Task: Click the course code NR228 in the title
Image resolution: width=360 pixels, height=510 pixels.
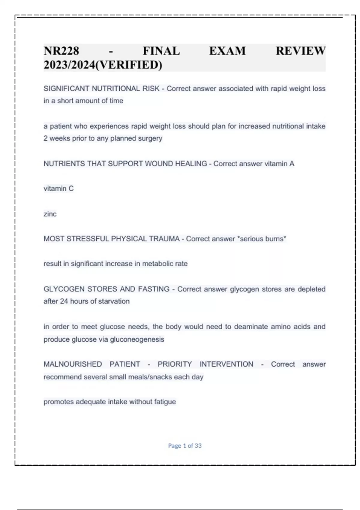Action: (x=61, y=51)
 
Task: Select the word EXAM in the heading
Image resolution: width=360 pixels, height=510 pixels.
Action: (x=227, y=51)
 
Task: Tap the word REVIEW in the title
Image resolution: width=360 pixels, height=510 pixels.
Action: (x=301, y=51)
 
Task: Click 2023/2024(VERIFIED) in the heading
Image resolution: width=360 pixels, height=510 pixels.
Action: (x=103, y=65)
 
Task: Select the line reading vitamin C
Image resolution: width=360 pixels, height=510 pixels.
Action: (x=58, y=189)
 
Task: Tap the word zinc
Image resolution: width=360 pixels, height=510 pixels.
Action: (x=50, y=214)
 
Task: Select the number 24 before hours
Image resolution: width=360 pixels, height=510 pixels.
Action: (x=64, y=301)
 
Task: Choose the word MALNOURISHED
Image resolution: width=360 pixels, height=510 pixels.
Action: (x=73, y=364)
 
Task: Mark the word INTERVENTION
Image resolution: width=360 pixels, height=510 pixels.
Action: (x=226, y=364)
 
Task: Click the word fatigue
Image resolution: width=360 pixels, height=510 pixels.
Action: (x=165, y=402)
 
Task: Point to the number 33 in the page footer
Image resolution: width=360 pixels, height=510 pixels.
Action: (x=198, y=446)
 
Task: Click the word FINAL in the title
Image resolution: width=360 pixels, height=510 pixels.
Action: (x=161, y=51)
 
